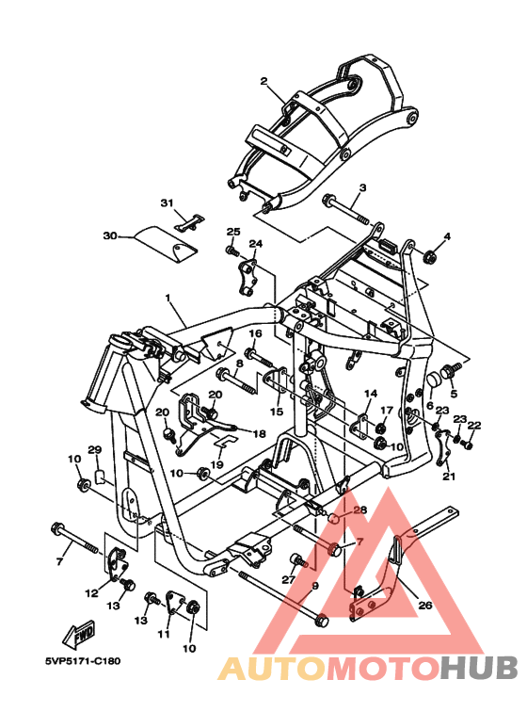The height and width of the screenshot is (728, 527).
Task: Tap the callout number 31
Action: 167,203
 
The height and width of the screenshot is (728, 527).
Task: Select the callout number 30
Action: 110,235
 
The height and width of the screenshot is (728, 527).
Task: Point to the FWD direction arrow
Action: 79,635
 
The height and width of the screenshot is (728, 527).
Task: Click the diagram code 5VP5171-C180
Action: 83,661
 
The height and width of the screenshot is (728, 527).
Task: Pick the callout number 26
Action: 425,605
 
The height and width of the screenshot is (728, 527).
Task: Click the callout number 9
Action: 315,586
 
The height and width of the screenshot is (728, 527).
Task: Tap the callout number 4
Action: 447,236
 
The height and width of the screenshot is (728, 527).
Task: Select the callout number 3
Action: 362,187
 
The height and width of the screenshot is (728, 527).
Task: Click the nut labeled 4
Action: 429,255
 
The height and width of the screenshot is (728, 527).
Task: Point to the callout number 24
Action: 256,243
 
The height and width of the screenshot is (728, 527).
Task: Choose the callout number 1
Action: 168,297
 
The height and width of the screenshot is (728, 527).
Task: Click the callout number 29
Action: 95,449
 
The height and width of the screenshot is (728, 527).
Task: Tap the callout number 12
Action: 91,593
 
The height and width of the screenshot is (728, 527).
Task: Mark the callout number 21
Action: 449,476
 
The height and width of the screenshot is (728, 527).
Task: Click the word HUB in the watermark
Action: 479,668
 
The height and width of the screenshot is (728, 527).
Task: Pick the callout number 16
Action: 255,333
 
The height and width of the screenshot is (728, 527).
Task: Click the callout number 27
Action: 289,580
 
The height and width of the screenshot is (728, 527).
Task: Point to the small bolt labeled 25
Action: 232,251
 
